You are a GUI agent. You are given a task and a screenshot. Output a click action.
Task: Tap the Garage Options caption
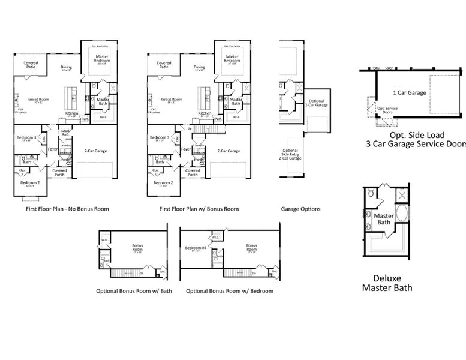coord(300,209)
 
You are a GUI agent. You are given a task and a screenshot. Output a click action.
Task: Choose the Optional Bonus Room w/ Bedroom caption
coord(230,291)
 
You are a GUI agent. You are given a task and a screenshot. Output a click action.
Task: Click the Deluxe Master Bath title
coord(387,283)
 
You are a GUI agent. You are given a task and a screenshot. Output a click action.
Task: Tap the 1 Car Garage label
coord(410,93)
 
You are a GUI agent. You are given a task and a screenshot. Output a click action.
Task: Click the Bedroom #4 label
coord(195,248)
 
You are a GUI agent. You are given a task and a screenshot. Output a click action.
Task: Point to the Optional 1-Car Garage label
coord(318,103)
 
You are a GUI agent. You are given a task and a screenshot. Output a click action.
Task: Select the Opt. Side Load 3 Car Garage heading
coord(414,140)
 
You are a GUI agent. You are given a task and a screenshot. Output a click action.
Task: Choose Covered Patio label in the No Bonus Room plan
coord(31,64)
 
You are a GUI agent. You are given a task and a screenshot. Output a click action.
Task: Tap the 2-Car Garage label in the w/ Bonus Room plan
coord(229,151)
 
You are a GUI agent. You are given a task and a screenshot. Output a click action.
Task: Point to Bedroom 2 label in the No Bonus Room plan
coord(30,183)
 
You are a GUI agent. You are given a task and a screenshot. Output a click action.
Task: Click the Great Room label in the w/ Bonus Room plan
coord(172,100)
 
